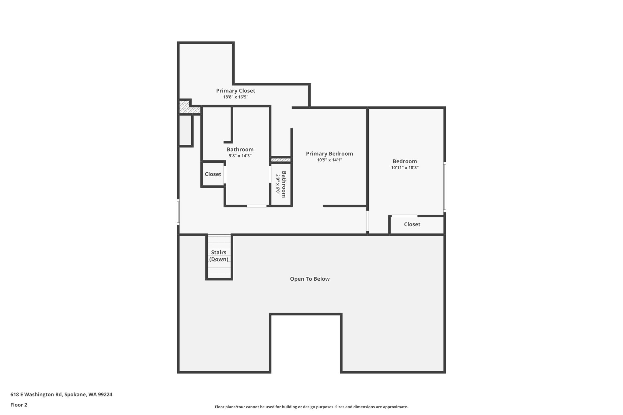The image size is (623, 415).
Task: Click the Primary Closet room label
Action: click(x=235, y=91)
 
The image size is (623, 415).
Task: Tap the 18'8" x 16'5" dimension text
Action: click(x=236, y=97)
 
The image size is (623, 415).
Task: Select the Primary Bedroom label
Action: click(x=329, y=154)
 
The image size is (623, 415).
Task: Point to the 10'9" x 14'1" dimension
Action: click(x=329, y=160)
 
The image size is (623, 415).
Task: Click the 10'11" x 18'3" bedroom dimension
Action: click(x=405, y=168)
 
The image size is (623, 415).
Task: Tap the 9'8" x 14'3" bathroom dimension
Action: click(x=240, y=156)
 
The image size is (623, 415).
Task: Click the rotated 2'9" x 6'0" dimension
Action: click(x=278, y=184)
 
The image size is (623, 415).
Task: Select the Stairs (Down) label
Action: click(x=219, y=256)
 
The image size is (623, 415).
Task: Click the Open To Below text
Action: click(x=310, y=279)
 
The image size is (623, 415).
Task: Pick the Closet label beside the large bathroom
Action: click(x=213, y=174)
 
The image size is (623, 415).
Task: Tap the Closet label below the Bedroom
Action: click(x=412, y=224)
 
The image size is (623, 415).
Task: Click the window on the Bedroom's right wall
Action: click(x=444, y=187)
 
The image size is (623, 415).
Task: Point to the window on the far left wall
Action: click(x=178, y=212)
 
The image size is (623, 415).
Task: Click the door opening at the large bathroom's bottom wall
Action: click(x=256, y=206)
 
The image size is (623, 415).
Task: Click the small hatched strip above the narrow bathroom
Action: click(x=281, y=160)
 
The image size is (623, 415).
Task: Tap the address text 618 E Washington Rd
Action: click(x=36, y=395)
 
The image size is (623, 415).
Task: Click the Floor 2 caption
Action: click(x=19, y=405)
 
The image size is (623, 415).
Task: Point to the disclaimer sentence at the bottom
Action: click(x=311, y=407)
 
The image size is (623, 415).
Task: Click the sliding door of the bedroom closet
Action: click(x=404, y=216)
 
